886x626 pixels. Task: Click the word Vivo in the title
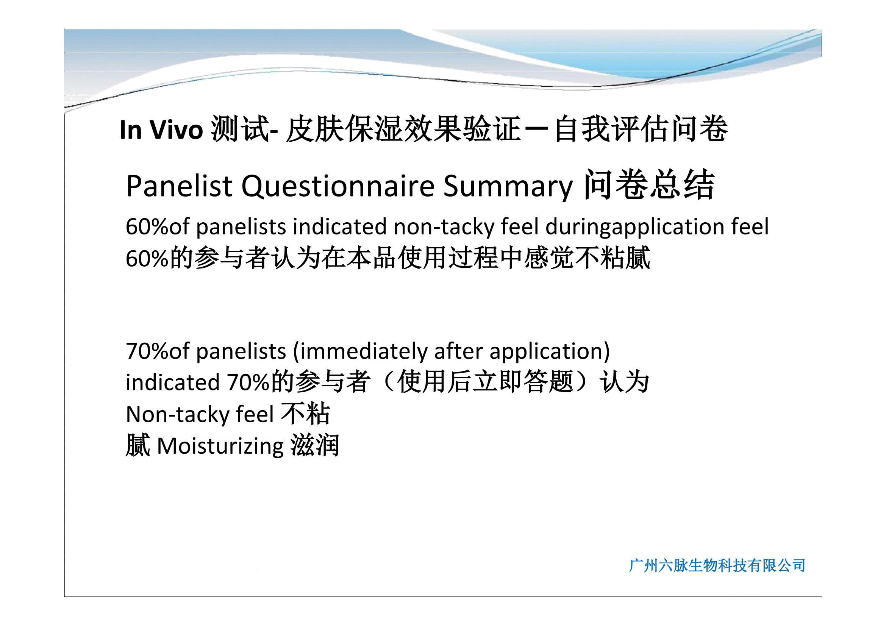[177, 130]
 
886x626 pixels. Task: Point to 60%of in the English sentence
[158, 226]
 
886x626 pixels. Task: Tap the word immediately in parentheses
[360, 352]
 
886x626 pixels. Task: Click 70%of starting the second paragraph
[158, 351]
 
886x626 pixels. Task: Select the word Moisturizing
[220, 446]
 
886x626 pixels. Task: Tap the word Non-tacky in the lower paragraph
[176, 415]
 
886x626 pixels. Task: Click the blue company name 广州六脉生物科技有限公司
[717, 565]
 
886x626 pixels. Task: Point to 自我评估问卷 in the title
[641, 129]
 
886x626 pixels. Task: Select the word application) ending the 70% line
[550, 352]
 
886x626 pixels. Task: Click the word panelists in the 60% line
[241, 227]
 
